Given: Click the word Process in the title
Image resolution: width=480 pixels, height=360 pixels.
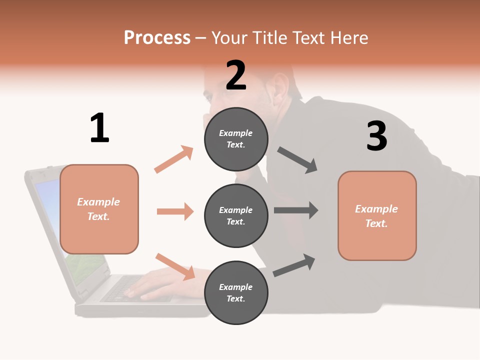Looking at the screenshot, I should [x=157, y=38].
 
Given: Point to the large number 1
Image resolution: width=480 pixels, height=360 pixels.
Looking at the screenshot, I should [x=99, y=128].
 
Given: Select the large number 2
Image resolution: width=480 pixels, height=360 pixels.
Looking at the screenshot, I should [x=236, y=75].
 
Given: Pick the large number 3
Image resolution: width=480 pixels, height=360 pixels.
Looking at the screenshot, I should [x=376, y=136].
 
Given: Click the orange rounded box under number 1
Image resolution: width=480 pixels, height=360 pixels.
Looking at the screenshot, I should [x=99, y=209].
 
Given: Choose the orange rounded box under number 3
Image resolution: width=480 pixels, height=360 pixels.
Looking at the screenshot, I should [x=377, y=215].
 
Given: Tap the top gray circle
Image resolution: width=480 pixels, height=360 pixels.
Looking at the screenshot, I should [x=236, y=139].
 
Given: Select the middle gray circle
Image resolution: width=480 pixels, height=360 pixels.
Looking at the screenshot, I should [x=236, y=215].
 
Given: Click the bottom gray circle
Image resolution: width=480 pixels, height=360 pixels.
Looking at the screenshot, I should [x=236, y=292].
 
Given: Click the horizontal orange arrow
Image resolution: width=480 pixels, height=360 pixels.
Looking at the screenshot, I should [x=175, y=211].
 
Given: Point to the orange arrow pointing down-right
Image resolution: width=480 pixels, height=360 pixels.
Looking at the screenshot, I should [x=175, y=266].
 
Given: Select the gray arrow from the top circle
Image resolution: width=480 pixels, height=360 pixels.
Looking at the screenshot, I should [x=297, y=160].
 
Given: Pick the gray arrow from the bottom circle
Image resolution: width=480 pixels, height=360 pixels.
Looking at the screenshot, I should [x=294, y=265].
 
